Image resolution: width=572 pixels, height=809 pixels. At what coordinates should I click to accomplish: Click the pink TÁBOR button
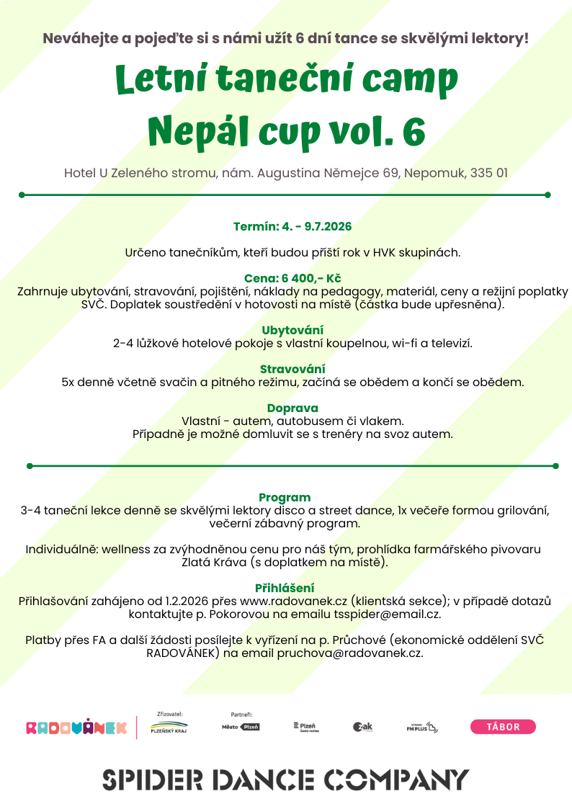(503, 727)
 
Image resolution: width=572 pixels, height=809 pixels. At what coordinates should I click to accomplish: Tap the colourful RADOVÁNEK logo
(76, 728)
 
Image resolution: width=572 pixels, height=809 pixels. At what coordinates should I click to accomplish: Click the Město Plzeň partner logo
(241, 728)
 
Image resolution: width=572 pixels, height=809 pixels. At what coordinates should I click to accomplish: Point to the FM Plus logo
(422, 728)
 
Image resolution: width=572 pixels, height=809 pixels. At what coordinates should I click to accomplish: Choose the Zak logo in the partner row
(362, 728)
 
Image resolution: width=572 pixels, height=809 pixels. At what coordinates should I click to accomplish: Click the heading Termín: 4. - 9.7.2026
(292, 226)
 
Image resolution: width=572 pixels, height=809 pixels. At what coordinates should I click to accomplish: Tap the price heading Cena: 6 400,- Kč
(292, 278)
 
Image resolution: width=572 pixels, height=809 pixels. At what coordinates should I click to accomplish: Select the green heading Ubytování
(292, 330)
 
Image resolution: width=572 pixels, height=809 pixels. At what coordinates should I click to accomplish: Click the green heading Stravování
(292, 369)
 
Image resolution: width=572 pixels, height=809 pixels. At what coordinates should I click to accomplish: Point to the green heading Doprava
(292, 408)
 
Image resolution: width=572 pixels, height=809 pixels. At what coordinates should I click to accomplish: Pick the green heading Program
(285, 497)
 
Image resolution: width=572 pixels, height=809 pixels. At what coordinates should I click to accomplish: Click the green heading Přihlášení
(285, 588)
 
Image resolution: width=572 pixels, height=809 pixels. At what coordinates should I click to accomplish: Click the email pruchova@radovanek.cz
(350, 653)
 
